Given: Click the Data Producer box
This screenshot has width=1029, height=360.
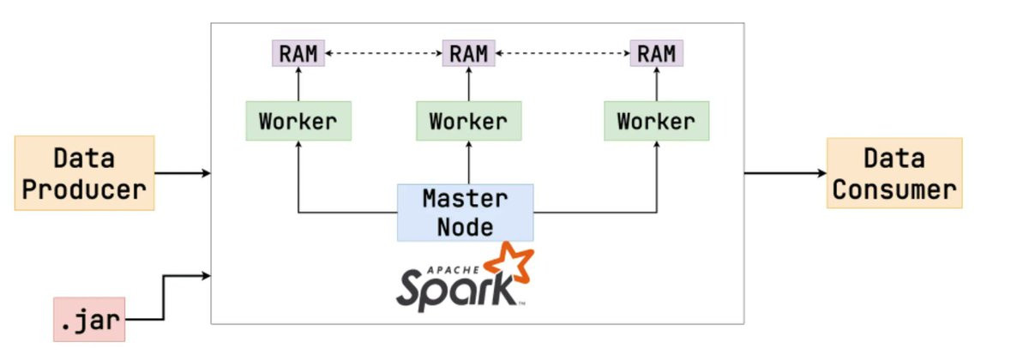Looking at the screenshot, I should click(x=84, y=173).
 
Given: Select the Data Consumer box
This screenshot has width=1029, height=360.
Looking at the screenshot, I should click(x=894, y=173).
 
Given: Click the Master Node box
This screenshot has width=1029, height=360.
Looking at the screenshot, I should click(x=465, y=213).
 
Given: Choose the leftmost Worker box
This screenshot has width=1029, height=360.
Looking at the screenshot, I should click(x=298, y=121).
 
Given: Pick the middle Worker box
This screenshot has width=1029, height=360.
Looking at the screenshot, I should click(x=468, y=121).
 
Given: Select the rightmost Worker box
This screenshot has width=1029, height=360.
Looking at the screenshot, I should click(x=656, y=121).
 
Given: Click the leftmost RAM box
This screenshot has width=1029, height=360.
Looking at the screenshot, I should click(x=298, y=53).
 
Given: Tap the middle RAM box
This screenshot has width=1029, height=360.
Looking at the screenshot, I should click(x=468, y=53).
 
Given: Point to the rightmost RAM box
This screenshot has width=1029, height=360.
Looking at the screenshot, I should click(x=656, y=53).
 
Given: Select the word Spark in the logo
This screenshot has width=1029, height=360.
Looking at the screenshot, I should click(x=454, y=286).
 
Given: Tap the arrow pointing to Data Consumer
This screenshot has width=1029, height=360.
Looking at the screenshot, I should click(x=785, y=173).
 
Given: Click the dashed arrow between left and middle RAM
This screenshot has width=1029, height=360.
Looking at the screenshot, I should click(x=383, y=53).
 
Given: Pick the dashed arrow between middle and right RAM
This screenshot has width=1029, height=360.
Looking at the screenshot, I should click(x=563, y=53).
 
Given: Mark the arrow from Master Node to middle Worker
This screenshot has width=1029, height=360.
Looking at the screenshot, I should click(x=468, y=163).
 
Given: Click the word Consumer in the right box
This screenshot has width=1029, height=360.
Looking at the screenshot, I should click(x=894, y=189).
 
